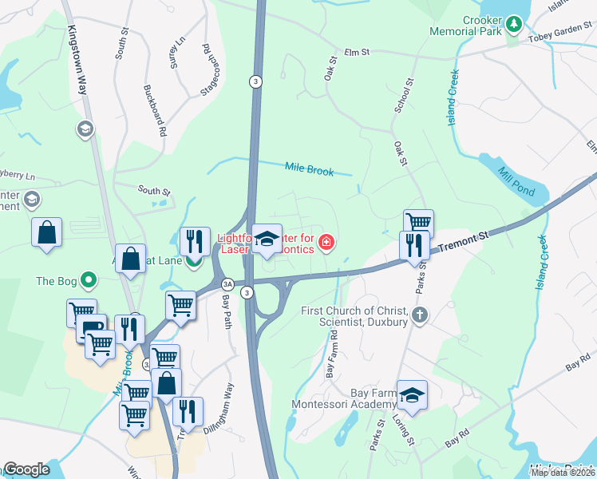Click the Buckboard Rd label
tap(154, 109)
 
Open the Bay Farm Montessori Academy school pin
tap(412, 395)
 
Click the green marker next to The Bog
tap(89, 281)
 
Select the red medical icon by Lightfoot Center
tap(326, 243)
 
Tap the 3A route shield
tap(227, 283)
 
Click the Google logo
tap(26, 469)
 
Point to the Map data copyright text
tap(563, 473)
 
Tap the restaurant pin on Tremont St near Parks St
tap(413, 244)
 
